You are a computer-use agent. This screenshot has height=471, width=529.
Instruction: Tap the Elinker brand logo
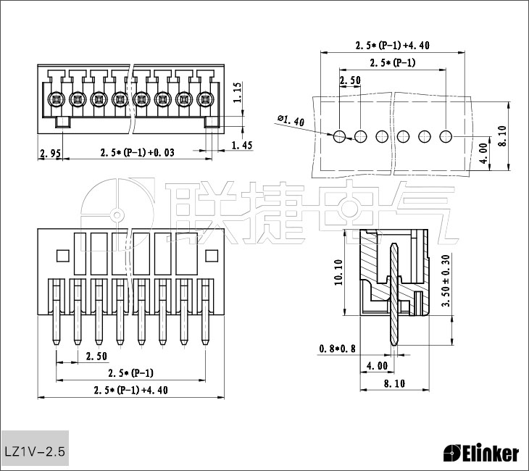pyautogui.click(x=481, y=454)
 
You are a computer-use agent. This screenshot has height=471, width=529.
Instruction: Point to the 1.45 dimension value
pyautogui.click(x=241, y=146)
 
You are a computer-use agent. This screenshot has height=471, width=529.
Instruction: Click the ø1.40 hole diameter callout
pyautogui.click(x=291, y=120)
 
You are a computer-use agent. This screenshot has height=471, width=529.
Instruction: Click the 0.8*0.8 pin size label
pyautogui.click(x=338, y=349)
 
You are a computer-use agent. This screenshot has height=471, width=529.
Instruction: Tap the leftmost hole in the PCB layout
pyautogui.click(x=339, y=136)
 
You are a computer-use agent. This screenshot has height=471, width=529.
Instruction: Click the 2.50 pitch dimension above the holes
pyautogui.click(x=350, y=80)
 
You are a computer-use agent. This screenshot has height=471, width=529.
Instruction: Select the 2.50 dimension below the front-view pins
pyautogui.click(x=96, y=356)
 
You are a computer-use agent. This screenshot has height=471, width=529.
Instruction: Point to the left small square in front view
pyautogui.click(x=62, y=255)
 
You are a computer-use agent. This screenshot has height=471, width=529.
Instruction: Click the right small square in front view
pyautogui.click(x=212, y=255)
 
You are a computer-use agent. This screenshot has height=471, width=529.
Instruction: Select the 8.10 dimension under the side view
pyautogui.click(x=394, y=384)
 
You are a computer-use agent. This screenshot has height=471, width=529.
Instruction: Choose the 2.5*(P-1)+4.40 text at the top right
pyautogui.click(x=393, y=45)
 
